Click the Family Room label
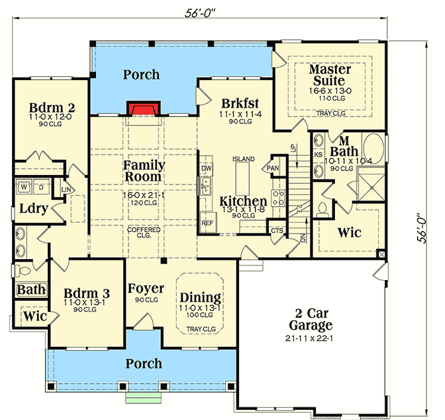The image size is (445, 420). pos(144,171)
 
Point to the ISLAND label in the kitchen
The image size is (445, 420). pos(243,158)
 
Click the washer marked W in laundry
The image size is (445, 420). pos(24,188)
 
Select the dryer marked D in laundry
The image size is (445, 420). pos(41,188)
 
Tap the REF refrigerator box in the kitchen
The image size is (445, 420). pos(207,223)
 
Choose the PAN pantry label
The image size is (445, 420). pos(273,169)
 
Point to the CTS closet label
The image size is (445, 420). pos(277,230)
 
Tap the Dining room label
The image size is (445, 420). pos(200,297)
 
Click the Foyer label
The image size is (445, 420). pos(146,288)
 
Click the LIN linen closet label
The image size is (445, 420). pos(66,189)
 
